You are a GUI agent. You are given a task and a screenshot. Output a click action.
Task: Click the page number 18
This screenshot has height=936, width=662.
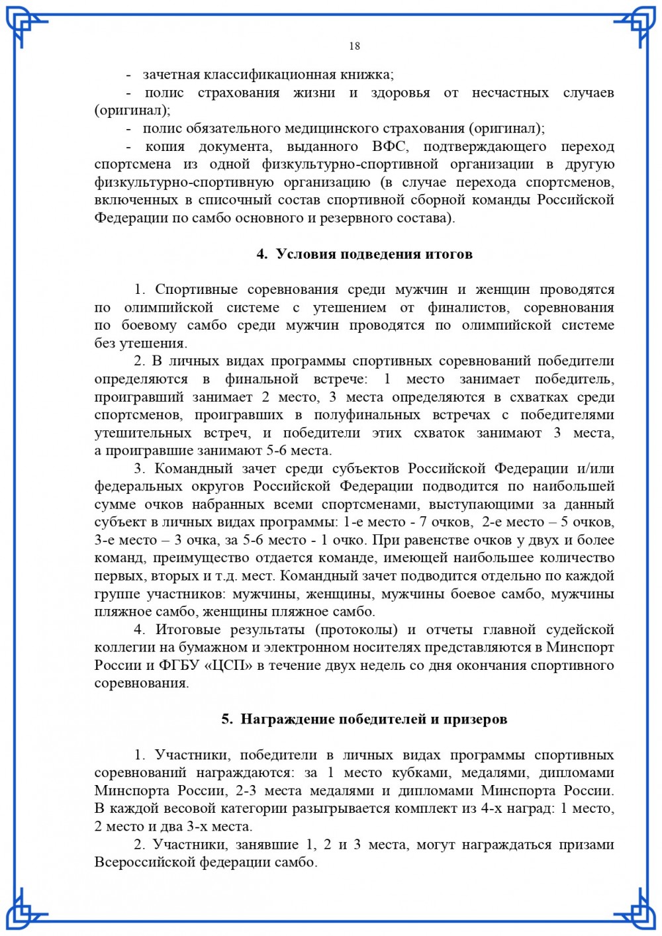354,46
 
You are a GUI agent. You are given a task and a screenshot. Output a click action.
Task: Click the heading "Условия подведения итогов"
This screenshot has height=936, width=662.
374,254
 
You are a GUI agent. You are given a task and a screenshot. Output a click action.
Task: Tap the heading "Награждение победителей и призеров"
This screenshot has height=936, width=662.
373,719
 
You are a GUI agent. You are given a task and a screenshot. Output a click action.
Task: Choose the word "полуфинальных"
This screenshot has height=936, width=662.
367,415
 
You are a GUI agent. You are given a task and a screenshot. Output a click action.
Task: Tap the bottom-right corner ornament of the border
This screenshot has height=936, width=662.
637,910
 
